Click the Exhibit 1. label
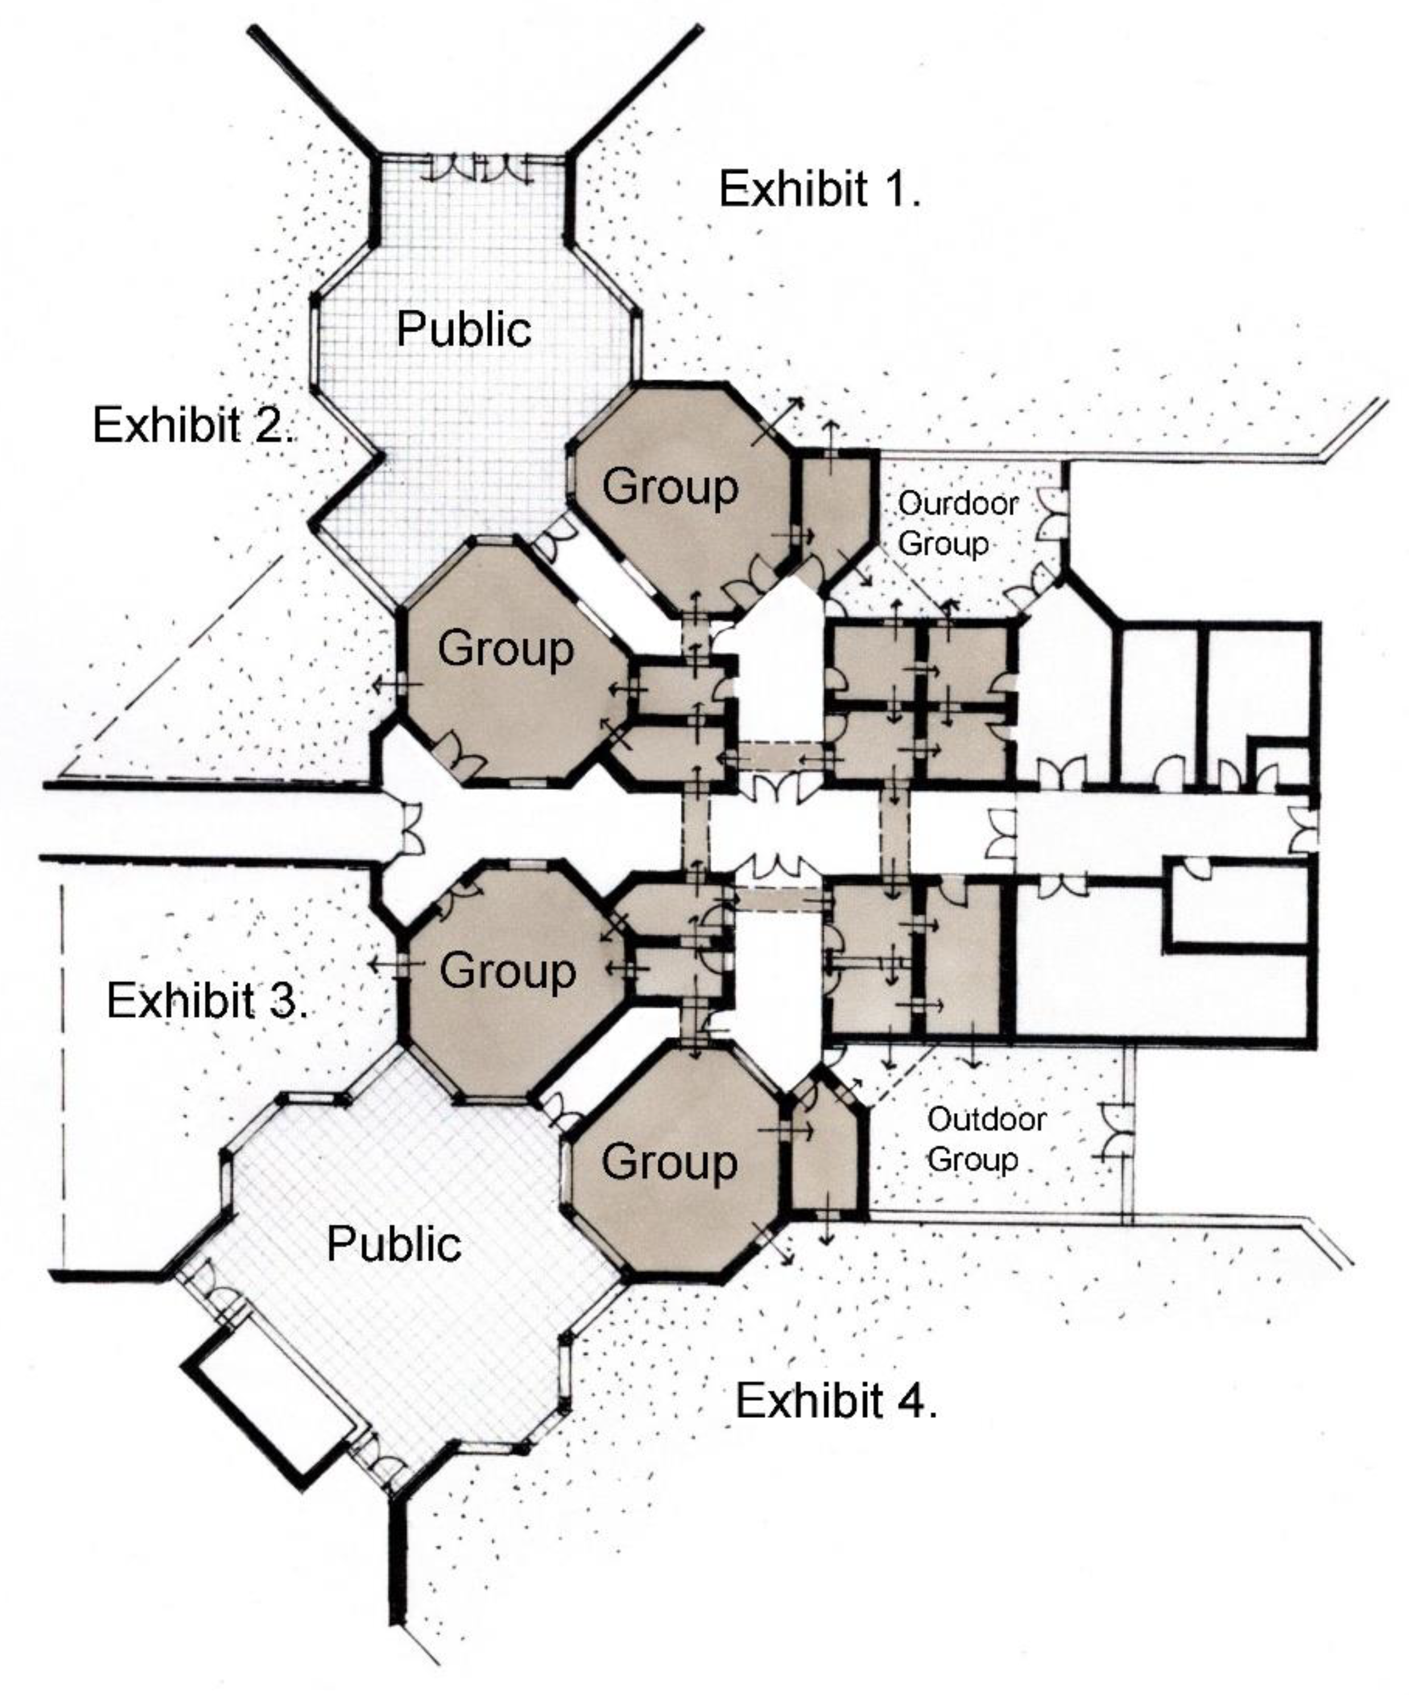point(819,189)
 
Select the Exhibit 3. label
point(206,1001)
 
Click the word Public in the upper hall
point(464,329)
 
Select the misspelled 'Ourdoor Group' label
point(957,523)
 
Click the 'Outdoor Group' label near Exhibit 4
point(986,1139)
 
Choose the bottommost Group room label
point(669,1162)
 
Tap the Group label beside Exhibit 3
point(507,971)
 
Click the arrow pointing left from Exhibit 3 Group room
point(397,964)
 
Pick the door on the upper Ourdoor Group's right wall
point(1052,517)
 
